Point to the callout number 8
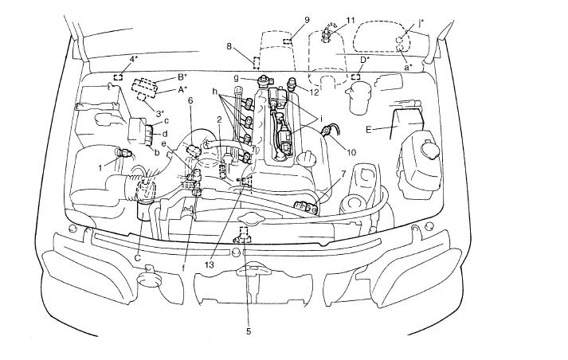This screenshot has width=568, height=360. point(229,48)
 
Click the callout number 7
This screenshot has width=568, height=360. point(343,174)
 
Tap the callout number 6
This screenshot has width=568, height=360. point(190,100)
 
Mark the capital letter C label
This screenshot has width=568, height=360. point(137,258)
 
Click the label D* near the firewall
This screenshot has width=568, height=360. point(365,60)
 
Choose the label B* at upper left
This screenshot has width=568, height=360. point(182,77)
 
